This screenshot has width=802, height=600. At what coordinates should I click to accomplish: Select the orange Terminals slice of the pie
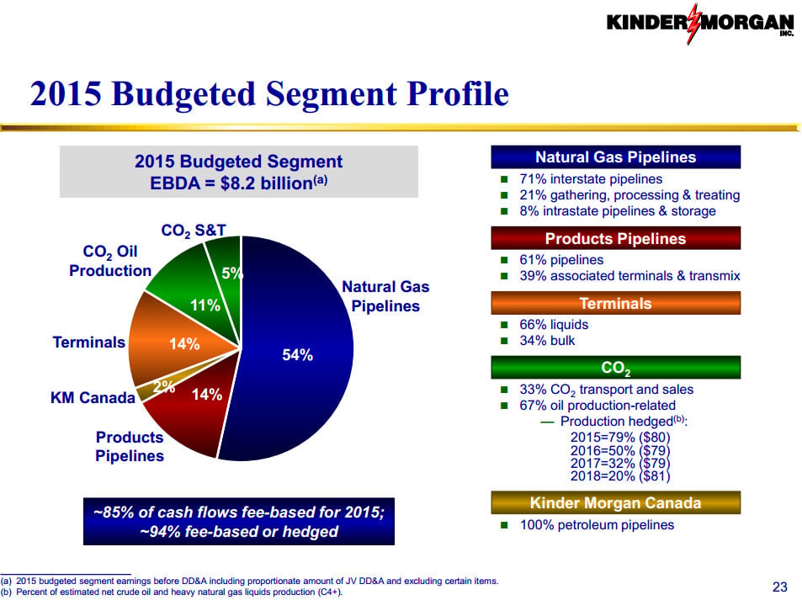click(x=174, y=342)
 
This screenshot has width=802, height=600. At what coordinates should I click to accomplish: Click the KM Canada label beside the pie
click(x=93, y=397)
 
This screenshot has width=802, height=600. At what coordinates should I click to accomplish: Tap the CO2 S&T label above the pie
click(x=194, y=231)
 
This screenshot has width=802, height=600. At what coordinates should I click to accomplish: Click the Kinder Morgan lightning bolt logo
click(x=693, y=24)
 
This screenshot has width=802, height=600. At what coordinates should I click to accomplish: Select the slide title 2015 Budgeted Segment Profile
click(x=269, y=93)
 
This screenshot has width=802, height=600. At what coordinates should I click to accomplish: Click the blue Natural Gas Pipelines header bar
click(x=615, y=157)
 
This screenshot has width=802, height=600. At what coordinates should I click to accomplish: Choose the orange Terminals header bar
click(x=615, y=303)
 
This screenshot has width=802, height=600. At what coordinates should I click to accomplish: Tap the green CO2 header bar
click(x=615, y=367)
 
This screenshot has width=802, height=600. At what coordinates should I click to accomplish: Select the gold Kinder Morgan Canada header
click(x=615, y=503)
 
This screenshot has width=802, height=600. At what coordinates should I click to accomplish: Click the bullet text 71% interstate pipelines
click(x=591, y=179)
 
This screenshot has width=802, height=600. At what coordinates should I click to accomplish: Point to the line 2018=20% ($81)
click(x=620, y=476)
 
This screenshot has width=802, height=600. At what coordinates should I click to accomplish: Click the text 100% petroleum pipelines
click(x=597, y=525)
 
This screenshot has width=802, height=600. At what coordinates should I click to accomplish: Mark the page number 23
click(x=779, y=587)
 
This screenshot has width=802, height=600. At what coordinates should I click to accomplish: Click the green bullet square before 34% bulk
click(x=504, y=341)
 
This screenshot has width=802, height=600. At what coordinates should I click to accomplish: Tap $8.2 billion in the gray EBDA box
click(x=267, y=183)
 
